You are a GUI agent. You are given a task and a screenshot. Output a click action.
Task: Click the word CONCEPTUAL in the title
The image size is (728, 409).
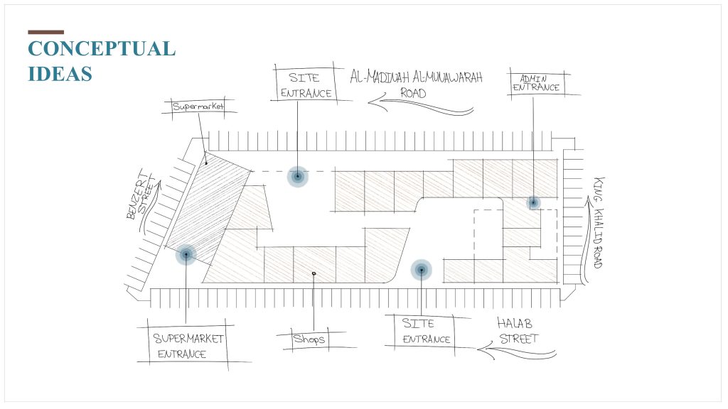(102, 49)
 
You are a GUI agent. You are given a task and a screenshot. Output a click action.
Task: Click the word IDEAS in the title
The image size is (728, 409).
(60, 74)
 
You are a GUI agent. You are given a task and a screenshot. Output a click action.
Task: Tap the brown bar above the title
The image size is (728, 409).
(46, 32)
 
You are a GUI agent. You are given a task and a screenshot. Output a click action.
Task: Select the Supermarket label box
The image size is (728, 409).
(198, 107)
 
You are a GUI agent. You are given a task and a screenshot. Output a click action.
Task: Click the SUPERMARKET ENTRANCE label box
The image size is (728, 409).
(188, 346)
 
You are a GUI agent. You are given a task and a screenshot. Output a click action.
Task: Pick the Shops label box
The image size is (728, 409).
(309, 339)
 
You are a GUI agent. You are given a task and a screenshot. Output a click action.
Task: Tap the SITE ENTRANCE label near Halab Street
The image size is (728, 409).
(427, 331)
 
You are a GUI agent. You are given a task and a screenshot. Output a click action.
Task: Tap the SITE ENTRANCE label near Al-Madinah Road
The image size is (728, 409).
(306, 85)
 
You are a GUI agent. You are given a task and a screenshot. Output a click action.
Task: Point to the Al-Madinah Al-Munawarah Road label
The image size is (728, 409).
(416, 84)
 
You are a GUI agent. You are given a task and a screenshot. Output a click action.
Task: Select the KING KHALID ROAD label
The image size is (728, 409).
(599, 222)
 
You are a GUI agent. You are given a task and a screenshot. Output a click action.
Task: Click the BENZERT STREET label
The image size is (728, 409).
(141, 194)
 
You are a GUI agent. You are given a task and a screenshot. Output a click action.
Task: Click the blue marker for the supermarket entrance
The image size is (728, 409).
(186, 255)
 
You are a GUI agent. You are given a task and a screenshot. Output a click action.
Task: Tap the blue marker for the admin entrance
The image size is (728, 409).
(533, 202)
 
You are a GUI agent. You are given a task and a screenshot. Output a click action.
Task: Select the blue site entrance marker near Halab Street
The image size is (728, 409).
(421, 270)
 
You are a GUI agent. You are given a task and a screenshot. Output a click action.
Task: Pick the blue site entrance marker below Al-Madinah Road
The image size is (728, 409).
(298, 176)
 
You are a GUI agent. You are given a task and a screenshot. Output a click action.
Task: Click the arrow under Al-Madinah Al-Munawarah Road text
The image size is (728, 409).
(420, 106)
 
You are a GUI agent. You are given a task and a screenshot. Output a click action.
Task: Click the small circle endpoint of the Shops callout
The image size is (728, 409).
(314, 273)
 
